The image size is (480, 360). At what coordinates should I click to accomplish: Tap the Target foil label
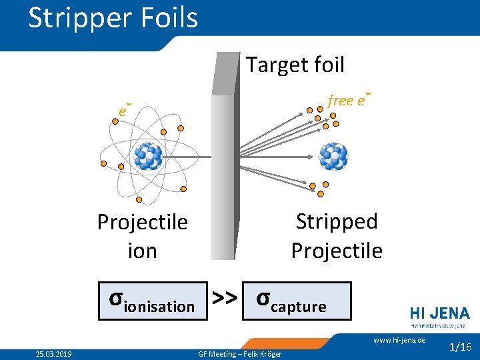click(x=295, y=65)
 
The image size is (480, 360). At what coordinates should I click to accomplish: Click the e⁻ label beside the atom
click(x=123, y=110)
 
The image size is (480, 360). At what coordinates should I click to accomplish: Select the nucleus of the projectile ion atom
click(x=148, y=157)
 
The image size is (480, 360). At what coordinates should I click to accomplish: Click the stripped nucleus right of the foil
click(x=333, y=156)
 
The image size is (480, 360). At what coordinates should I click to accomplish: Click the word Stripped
click(x=337, y=221)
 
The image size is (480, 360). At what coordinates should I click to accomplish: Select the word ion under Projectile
click(x=142, y=251)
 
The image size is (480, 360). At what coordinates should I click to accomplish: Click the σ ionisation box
click(x=152, y=301)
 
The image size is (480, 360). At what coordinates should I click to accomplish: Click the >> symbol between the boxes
click(x=225, y=300)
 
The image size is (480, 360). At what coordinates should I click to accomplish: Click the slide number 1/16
click(x=461, y=347)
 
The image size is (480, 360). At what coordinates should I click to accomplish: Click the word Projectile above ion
click(x=142, y=222)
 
